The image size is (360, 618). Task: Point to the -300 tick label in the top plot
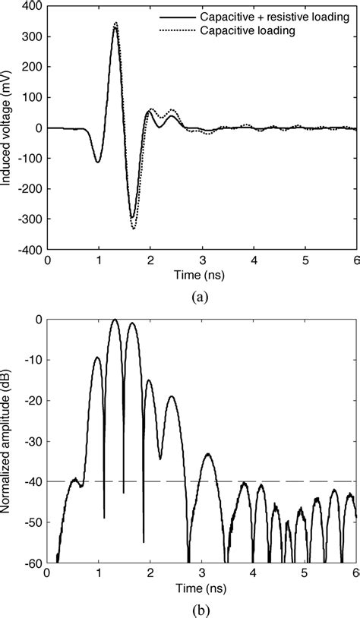[29, 219]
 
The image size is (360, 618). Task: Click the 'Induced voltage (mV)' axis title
[7, 128]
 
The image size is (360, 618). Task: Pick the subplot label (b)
[200, 609]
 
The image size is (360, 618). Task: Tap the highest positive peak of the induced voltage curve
[115, 24]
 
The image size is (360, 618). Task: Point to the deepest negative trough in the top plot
[134, 228]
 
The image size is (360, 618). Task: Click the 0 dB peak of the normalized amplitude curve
[115, 320]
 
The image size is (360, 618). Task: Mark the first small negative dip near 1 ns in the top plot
[98, 162]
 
